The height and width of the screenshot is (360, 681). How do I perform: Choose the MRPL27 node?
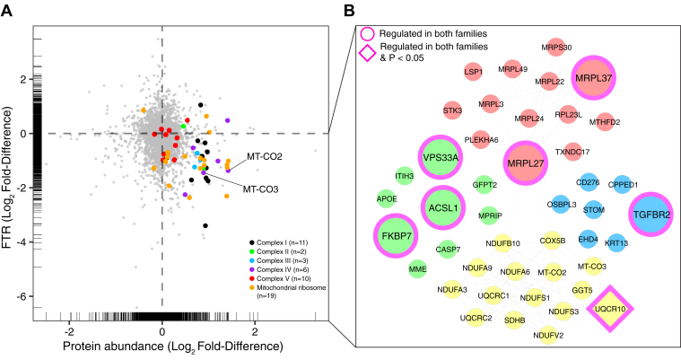(529, 164)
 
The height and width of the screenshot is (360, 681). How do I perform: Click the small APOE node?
(386, 198)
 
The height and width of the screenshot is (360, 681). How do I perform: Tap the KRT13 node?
(616, 241)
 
